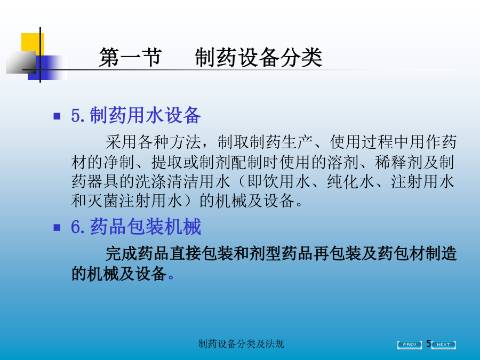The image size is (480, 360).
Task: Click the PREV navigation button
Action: click(x=409, y=345)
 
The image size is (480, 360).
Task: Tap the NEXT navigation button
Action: click(x=444, y=345)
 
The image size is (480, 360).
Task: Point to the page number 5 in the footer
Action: click(x=429, y=344)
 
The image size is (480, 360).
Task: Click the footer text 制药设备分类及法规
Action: click(x=241, y=344)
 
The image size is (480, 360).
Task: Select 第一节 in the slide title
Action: click(x=130, y=57)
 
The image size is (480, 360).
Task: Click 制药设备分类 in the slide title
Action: click(x=259, y=57)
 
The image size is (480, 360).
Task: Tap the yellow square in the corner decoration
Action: click(x=33, y=44)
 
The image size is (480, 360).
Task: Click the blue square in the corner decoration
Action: click(x=47, y=68)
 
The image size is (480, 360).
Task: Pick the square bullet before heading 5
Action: click(x=57, y=116)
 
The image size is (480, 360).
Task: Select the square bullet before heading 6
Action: click(x=57, y=227)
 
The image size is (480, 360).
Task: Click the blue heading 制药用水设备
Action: click(x=146, y=115)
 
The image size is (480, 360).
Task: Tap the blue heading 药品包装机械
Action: click(x=146, y=227)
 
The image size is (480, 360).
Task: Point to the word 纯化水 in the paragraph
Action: click(x=351, y=181)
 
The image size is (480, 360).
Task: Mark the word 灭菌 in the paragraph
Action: click(x=103, y=201)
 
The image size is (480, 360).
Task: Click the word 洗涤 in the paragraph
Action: click(x=151, y=181)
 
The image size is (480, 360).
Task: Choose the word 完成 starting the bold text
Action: click(x=122, y=254)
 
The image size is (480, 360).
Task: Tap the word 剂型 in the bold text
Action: click(x=266, y=254)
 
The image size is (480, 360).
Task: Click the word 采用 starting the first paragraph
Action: click(x=122, y=142)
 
